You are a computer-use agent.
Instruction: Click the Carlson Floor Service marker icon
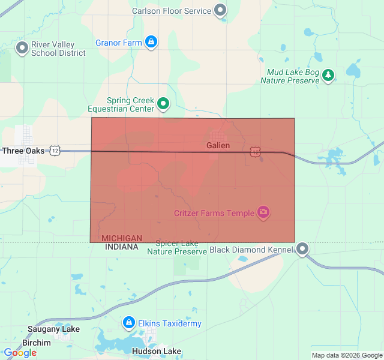pos(221,10)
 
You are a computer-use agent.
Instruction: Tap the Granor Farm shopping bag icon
pos(151,42)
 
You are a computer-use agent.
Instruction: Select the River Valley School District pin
pos(22,47)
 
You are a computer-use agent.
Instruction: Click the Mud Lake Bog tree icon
pos(328,75)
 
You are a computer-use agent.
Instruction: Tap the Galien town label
pos(218,145)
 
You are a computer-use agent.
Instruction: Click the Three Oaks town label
pos(23,151)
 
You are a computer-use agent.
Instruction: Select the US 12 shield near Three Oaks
pos(55,151)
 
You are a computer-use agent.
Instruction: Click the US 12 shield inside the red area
pos(256,152)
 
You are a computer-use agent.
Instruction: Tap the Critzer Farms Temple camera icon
pos(263,212)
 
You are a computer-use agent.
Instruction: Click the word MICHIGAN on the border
pos(122,238)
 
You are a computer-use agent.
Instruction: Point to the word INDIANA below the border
pos(122,247)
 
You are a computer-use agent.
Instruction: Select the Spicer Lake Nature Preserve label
pos(177,247)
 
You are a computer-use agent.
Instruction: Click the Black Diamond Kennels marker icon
pos(303,248)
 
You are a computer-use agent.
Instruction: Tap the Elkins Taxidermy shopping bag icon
pos(128,323)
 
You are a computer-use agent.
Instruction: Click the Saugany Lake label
pos(53,329)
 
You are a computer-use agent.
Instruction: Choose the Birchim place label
pos(37,343)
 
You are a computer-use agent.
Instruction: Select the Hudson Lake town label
pos(156,351)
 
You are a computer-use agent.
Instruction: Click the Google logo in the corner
pos(20,353)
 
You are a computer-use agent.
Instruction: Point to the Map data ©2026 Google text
pos(347,355)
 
